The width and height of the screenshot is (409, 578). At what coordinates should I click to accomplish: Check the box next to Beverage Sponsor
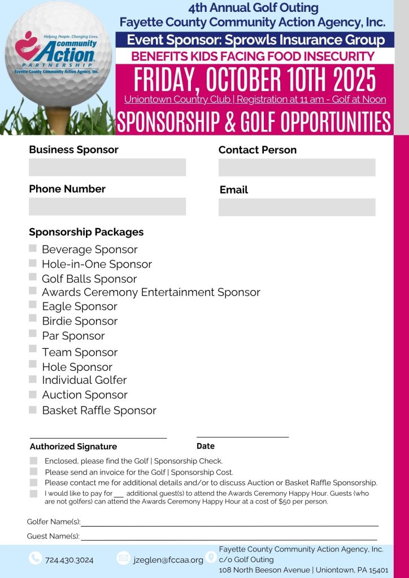tap(33, 249)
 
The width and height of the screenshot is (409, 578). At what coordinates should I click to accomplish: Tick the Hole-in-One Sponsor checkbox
tap(33, 263)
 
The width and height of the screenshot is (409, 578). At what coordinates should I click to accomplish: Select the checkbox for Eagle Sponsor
tap(33, 305)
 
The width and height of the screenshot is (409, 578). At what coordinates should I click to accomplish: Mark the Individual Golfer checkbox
tap(33, 379)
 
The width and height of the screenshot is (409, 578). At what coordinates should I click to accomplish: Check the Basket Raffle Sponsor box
tap(33, 410)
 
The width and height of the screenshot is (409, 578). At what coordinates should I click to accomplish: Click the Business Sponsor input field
tap(107, 167)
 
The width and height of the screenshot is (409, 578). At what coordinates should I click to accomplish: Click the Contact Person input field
tap(297, 167)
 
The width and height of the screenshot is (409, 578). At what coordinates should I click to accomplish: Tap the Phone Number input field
tap(107, 206)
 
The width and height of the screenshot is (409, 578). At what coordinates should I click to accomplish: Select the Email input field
tap(297, 207)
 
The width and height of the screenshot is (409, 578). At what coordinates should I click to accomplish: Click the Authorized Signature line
tap(98, 437)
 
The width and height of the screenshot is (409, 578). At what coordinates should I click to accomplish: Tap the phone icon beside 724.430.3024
tap(35, 558)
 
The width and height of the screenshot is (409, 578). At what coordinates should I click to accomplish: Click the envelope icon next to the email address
tap(123, 558)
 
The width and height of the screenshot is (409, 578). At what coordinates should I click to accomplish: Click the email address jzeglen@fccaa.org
tap(168, 560)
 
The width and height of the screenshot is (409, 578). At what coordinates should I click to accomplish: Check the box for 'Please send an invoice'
tap(34, 472)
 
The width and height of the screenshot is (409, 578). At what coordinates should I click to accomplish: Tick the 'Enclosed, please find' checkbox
tap(34, 461)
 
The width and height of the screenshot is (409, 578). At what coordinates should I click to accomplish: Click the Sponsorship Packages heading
tap(86, 232)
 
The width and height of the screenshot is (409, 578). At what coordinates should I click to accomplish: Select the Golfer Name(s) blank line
tap(229, 525)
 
